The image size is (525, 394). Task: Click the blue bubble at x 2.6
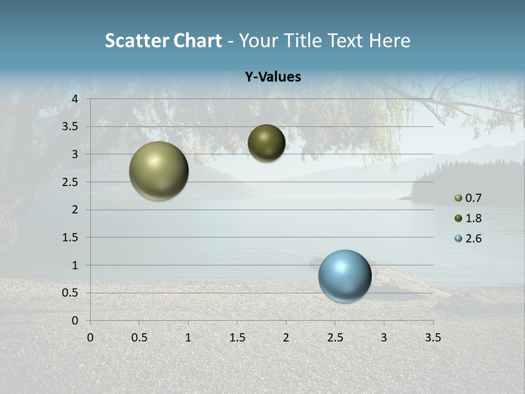point(345,276)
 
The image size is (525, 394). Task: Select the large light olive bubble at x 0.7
point(159,171)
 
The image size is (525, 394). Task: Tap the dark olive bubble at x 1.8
point(266,143)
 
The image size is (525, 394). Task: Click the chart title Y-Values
point(273,77)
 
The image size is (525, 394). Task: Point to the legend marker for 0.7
point(458,198)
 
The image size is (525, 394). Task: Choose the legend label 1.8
point(473,218)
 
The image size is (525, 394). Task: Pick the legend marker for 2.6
point(458,239)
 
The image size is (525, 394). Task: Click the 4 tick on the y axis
point(75,99)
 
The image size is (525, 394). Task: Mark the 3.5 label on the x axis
point(433,338)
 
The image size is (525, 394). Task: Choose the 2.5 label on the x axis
point(335,338)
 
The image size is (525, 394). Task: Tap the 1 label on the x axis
point(188,338)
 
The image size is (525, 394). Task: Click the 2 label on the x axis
point(286,338)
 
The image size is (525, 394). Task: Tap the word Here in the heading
point(389,40)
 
